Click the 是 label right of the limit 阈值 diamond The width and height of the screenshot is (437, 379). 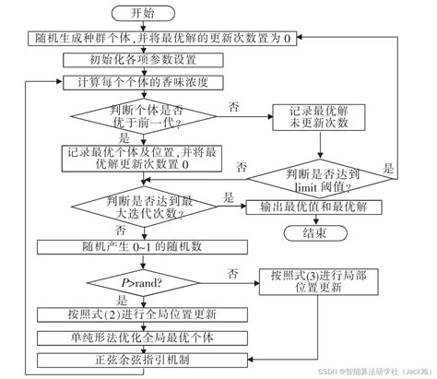(x=389, y=169)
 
